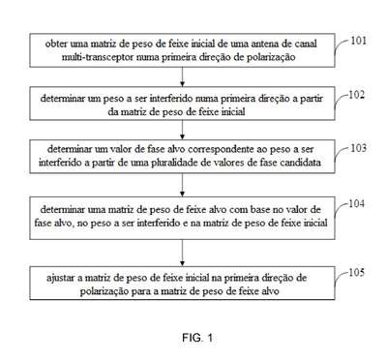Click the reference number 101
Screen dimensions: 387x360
point(358,41)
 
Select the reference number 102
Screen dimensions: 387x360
point(356,95)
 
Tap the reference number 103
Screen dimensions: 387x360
point(358,148)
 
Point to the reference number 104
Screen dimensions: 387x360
point(356,203)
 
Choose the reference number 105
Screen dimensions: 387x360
point(356,273)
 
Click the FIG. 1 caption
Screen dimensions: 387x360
point(197,338)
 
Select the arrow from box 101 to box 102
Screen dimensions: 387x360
point(183,76)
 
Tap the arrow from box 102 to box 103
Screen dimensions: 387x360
point(183,130)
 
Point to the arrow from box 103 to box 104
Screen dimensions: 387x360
point(183,185)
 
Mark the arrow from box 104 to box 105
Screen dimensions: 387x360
point(183,253)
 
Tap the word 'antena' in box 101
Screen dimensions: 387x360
point(262,44)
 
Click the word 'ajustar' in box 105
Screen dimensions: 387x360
point(61,278)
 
